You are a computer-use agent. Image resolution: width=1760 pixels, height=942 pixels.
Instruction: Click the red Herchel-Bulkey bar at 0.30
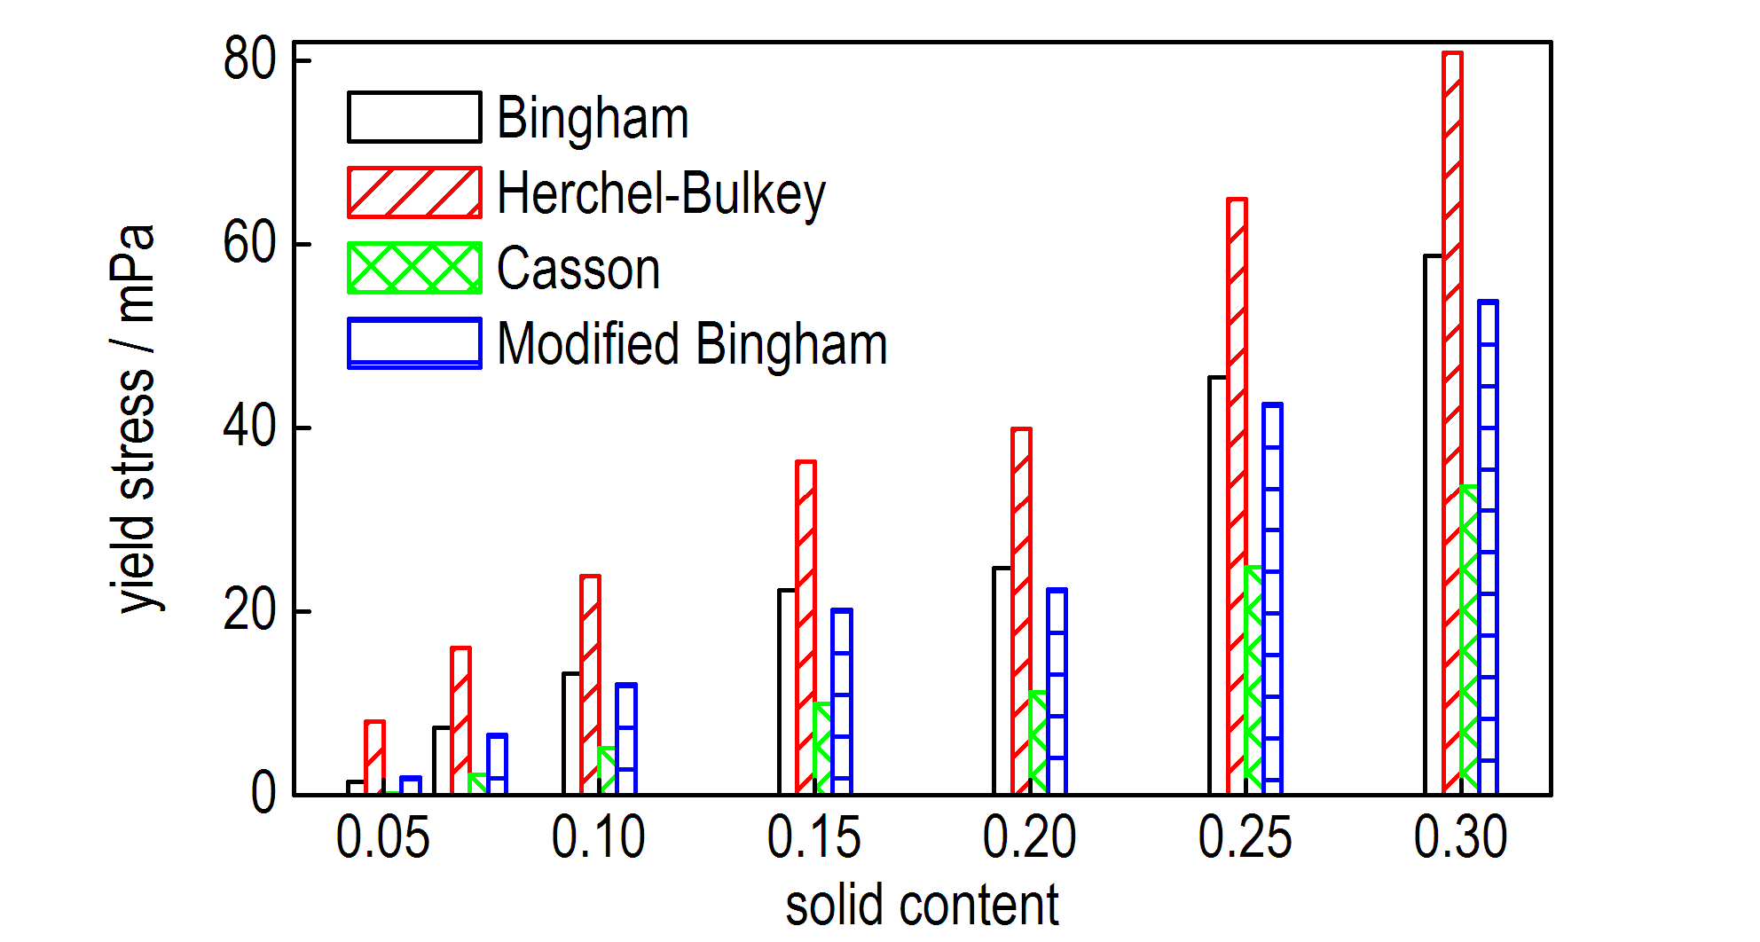[x=1452, y=422]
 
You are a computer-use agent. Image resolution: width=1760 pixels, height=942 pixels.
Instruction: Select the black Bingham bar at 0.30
[x=1434, y=524]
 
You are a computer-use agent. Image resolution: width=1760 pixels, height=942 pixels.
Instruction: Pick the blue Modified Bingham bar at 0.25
[x=1272, y=599]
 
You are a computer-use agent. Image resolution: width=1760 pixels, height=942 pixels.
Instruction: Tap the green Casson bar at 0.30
[x=1469, y=640]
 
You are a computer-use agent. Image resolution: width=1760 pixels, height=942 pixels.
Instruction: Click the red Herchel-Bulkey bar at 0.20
[x=1021, y=610]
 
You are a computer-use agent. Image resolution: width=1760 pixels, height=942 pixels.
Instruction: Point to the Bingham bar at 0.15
[x=788, y=691]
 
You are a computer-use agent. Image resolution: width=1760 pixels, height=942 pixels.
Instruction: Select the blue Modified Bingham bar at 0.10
[x=626, y=739]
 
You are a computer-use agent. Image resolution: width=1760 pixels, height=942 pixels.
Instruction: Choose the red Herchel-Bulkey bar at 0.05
[x=374, y=758]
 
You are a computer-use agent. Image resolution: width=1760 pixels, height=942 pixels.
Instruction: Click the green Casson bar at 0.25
[x=1253, y=679]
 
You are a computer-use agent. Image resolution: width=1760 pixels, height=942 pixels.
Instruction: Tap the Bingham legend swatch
[x=414, y=117]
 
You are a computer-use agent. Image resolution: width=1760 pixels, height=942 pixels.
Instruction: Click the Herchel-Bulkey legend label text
[x=661, y=193]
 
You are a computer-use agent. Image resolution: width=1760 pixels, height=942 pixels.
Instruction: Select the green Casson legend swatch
[x=414, y=268]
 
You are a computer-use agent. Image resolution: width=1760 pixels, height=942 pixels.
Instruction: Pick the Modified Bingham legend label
[x=692, y=344]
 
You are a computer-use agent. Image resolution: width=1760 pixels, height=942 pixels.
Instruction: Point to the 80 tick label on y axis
[x=249, y=60]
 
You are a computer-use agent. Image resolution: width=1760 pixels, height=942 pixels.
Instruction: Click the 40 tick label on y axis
[x=249, y=428]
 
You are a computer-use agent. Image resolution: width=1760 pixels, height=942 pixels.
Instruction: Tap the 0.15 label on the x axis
[x=813, y=837]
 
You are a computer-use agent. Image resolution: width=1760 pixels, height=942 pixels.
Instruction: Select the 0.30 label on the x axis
[x=1460, y=837]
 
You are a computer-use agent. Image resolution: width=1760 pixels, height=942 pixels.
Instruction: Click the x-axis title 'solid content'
[x=922, y=906]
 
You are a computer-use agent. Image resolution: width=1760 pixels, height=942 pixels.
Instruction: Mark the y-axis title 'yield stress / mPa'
[x=135, y=419]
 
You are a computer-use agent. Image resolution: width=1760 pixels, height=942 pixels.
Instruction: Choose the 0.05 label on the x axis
[x=382, y=837]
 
